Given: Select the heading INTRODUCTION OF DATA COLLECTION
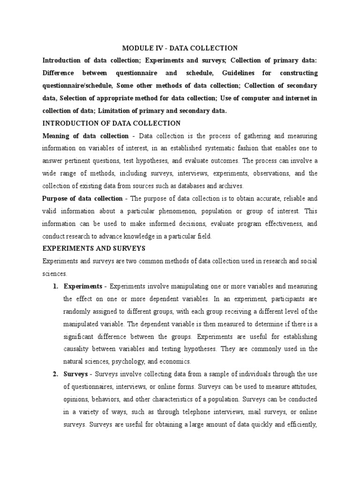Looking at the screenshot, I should point(112,123).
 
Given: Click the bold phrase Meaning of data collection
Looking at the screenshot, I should point(85,136).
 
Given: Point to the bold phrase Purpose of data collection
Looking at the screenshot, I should point(82,199).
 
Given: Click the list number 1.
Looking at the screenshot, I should point(55,286).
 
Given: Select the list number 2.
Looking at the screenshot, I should point(55,374).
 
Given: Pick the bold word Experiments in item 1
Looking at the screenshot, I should point(82,286).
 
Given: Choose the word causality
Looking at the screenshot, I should point(77,349).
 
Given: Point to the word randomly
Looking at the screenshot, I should point(78,312).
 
